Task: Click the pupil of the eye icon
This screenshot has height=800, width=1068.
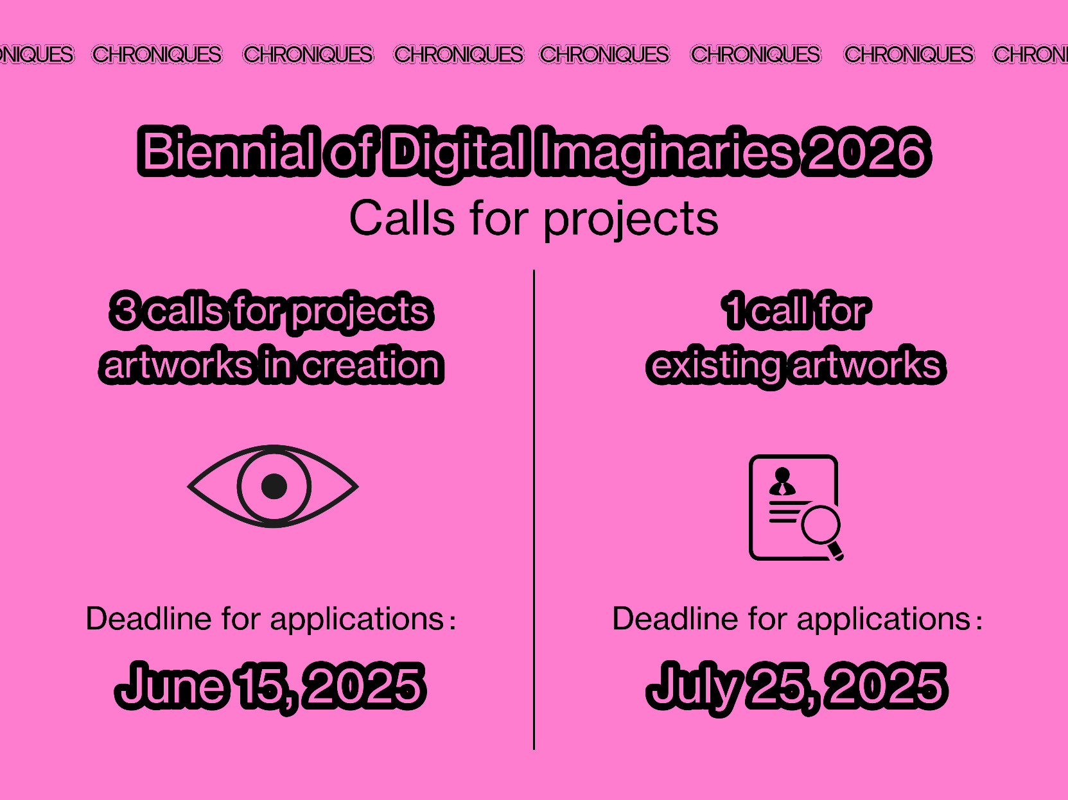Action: (274, 486)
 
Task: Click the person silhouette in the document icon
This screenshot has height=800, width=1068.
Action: (782, 481)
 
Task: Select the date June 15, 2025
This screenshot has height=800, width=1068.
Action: (270, 686)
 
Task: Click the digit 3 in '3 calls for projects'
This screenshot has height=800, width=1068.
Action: (125, 311)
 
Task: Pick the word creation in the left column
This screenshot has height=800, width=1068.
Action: (372, 364)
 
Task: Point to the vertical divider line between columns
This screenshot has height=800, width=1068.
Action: (534, 509)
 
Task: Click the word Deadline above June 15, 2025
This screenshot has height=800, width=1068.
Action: (149, 618)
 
